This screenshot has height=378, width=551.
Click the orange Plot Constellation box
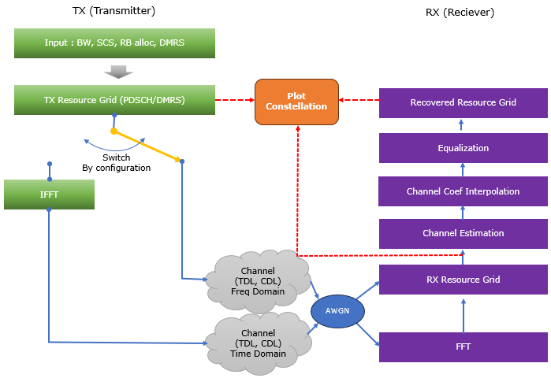[x=296, y=101]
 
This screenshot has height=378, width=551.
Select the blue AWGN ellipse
[x=337, y=310]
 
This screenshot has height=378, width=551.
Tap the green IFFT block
[x=49, y=195]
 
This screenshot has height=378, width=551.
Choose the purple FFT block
[x=463, y=346]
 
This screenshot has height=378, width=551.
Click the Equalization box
[x=463, y=147]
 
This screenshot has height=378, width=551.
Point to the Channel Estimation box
[x=463, y=233]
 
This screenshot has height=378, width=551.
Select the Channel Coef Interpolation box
[x=463, y=191]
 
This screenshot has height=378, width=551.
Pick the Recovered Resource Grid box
[x=463, y=102]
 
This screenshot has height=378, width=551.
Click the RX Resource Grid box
[x=463, y=279]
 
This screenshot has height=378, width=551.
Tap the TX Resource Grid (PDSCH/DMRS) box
[x=114, y=100]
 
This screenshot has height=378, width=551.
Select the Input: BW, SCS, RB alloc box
[x=114, y=43]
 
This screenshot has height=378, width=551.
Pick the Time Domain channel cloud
[x=257, y=343]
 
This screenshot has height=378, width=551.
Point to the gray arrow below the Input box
[x=114, y=72]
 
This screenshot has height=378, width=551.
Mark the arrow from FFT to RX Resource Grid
[x=463, y=314]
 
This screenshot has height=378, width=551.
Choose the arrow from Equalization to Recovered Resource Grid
[x=463, y=124]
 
